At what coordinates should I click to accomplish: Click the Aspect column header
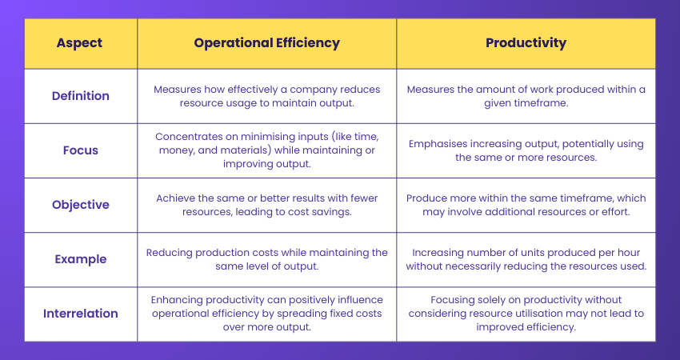80,43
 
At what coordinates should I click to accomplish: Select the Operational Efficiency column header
266,43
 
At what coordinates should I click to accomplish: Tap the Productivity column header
526,43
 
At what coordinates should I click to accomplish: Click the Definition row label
80,96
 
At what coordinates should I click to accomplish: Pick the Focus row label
80,150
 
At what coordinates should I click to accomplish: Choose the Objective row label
80,205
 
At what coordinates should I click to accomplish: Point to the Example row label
80,259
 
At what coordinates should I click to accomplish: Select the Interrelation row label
80,313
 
